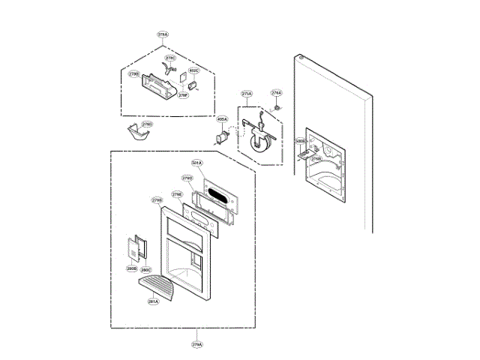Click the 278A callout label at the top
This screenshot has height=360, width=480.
click(163, 34)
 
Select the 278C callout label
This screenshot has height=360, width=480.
click(170, 58)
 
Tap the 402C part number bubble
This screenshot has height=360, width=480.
click(193, 71)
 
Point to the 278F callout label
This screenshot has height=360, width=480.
click(183, 95)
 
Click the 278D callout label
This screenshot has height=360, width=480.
click(147, 124)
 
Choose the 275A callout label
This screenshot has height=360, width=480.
click(247, 94)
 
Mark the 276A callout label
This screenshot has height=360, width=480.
click(276, 93)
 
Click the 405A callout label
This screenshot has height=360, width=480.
click(222, 119)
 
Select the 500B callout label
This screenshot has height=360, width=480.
click(301, 140)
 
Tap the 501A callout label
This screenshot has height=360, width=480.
click(196, 163)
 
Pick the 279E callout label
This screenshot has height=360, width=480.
click(177, 194)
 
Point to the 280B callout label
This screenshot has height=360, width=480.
click(132, 268)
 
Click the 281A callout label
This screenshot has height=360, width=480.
click(153, 301)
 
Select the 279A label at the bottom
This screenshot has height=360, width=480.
click(196, 344)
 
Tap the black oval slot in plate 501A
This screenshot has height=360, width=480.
click(220, 197)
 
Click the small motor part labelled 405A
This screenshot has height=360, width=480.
click(223, 136)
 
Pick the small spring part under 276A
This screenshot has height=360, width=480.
click(277, 107)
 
